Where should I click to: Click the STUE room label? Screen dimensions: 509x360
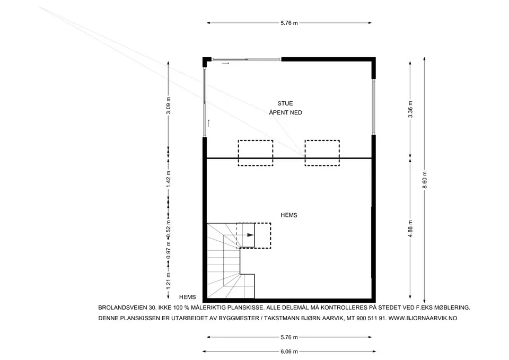[285, 103]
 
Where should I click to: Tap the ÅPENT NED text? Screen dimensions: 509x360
[286, 112]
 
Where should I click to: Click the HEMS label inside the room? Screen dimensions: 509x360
[289, 215]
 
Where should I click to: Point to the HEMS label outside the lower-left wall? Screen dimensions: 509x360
[188, 297]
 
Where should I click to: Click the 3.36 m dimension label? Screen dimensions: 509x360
[410, 110]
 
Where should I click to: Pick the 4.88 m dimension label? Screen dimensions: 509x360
[410, 229]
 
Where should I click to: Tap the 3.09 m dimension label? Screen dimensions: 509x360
[168, 106]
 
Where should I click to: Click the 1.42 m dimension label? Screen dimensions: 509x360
[168, 179]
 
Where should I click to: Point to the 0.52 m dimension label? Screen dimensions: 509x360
[168, 229]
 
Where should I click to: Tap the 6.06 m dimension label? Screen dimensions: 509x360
[289, 352]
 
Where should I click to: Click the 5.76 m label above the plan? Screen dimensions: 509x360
[289, 23]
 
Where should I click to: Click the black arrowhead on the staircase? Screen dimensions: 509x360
[250, 235]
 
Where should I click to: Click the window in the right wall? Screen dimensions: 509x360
[374, 107]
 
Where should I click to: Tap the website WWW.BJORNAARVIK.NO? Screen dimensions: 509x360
[423, 319]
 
